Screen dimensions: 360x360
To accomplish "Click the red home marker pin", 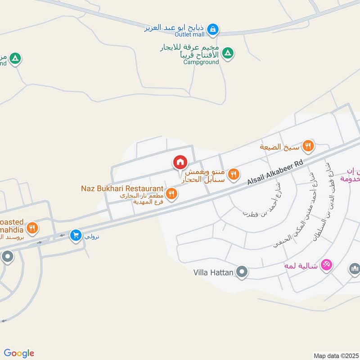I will (180, 162).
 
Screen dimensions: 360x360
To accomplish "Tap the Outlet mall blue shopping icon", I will (214, 30).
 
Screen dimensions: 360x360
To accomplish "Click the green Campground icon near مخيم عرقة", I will (229, 54).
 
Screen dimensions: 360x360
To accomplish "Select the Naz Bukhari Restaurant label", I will (122, 188).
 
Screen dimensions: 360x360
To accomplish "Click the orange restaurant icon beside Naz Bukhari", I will (171, 194).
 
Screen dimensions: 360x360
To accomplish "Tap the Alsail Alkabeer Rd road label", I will (275, 173).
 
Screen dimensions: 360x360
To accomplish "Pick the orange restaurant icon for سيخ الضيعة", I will (308, 145).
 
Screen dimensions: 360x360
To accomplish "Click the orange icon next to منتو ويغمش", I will (233, 174).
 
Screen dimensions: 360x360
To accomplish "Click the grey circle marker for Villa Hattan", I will (242, 272).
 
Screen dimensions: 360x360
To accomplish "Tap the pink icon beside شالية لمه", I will (327, 264).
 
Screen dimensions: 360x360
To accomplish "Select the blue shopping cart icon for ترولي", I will (76, 235).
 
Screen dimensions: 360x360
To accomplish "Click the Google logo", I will (18, 353).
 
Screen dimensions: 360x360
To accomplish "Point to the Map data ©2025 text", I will (335, 355).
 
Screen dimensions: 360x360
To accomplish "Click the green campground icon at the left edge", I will (15, 58).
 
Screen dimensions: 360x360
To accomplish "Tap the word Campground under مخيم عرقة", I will (201, 62).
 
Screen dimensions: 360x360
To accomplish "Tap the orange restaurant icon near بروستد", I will (31, 228).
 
